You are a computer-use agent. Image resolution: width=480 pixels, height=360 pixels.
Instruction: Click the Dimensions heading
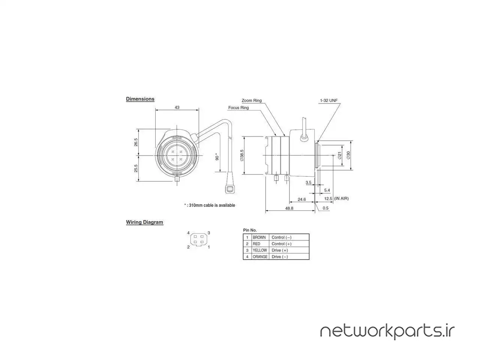140,99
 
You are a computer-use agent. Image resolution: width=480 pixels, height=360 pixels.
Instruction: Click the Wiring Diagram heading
144,222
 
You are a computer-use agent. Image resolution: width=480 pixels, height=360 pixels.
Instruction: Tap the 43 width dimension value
177,107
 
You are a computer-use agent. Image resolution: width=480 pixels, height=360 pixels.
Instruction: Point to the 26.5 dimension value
136,142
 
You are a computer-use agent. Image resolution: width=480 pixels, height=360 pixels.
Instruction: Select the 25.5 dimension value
136,168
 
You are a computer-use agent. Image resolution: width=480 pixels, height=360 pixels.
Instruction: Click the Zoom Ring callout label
252,100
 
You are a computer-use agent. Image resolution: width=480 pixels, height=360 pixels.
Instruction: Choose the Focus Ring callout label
238,108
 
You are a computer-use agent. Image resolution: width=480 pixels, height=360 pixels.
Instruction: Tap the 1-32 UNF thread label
328,100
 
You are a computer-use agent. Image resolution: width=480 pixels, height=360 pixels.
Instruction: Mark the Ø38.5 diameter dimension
242,155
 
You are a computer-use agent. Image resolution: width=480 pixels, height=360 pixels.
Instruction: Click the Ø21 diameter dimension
340,155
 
